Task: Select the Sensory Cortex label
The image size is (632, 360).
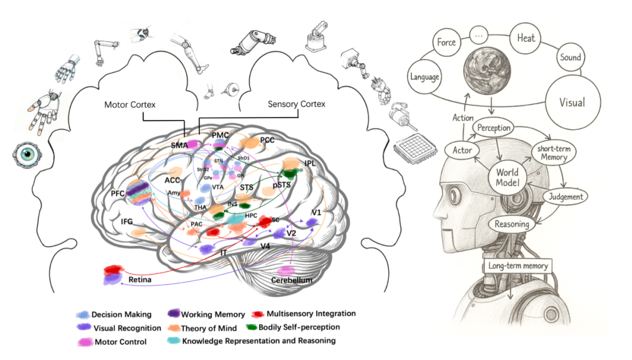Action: (296, 104)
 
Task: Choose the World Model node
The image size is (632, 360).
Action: (507, 178)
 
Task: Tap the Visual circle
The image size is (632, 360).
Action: (572, 103)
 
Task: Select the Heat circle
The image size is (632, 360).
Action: (525, 39)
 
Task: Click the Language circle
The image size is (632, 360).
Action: (425, 77)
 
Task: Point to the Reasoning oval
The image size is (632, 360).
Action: (512, 224)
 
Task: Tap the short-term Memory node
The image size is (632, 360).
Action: (554, 153)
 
